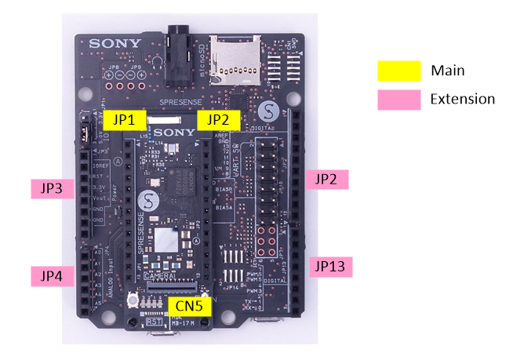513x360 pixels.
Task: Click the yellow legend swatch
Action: tap(399, 71)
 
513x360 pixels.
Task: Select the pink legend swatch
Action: tap(399, 100)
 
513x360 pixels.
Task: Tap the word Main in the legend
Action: tap(448, 71)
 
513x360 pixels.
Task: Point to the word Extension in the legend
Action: tap(463, 100)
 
